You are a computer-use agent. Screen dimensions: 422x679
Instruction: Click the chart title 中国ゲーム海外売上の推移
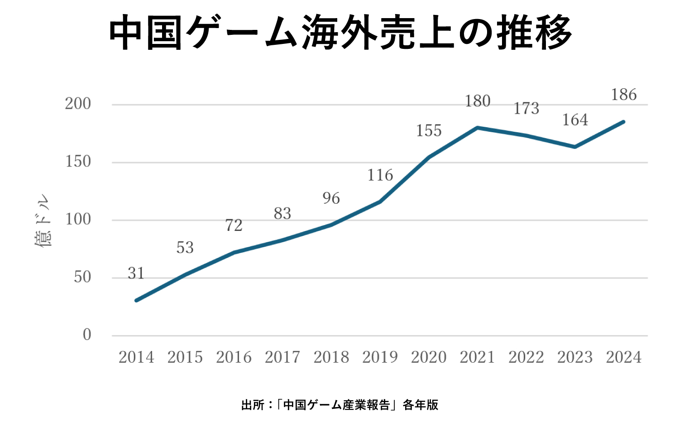(x=340, y=33)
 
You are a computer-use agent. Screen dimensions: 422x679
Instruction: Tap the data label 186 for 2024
(x=624, y=95)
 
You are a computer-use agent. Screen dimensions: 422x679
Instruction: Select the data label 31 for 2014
(x=136, y=273)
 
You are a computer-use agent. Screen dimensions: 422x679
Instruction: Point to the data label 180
(x=478, y=101)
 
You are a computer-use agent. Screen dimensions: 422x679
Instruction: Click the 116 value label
(x=380, y=175)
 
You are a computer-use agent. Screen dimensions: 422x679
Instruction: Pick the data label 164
(x=575, y=120)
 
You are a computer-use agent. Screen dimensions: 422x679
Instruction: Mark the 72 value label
(x=234, y=225)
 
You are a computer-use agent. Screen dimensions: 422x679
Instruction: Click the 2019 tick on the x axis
(x=380, y=357)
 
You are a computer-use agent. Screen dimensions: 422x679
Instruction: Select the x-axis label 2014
(x=136, y=357)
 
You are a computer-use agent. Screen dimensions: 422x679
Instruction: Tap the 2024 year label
(x=624, y=357)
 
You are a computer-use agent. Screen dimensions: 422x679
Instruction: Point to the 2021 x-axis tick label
(x=478, y=357)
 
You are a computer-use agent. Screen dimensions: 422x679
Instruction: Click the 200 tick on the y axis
(x=78, y=104)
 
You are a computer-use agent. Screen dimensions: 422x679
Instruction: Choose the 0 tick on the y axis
(x=87, y=335)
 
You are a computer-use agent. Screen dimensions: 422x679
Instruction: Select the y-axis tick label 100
(x=78, y=220)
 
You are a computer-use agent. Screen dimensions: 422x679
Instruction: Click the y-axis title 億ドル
(x=43, y=221)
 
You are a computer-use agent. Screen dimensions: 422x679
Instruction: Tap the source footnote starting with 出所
(x=339, y=404)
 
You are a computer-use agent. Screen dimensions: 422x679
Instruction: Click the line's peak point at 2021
(x=478, y=128)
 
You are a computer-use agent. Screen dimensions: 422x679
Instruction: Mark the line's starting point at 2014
(x=136, y=300)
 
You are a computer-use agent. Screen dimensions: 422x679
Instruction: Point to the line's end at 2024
(x=624, y=121)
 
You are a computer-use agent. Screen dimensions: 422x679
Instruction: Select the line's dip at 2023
(x=575, y=147)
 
